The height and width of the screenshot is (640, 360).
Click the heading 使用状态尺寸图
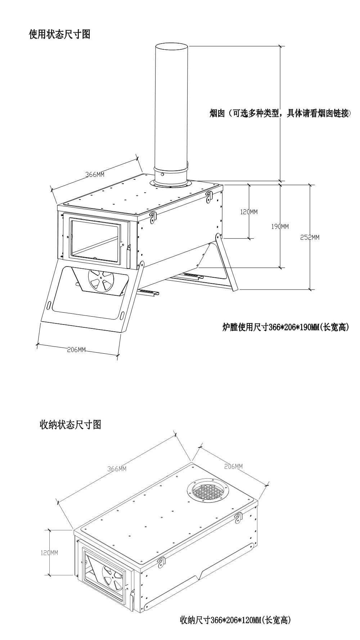click(x=59, y=35)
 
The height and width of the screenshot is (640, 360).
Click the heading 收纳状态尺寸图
click(x=70, y=425)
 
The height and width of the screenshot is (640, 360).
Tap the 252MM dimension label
click(x=310, y=237)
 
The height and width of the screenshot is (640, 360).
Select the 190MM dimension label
click(x=280, y=227)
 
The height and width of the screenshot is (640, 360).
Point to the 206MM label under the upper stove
click(x=76, y=350)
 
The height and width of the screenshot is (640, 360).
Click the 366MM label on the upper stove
click(x=95, y=175)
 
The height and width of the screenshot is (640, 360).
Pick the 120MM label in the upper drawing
click(x=249, y=212)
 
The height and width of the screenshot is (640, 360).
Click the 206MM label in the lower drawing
click(x=233, y=466)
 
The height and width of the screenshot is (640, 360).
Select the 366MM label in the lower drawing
click(x=117, y=469)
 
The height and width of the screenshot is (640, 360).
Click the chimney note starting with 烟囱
click(x=280, y=114)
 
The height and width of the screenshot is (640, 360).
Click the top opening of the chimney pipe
click(x=171, y=47)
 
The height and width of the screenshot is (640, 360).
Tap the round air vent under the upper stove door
click(x=101, y=281)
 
